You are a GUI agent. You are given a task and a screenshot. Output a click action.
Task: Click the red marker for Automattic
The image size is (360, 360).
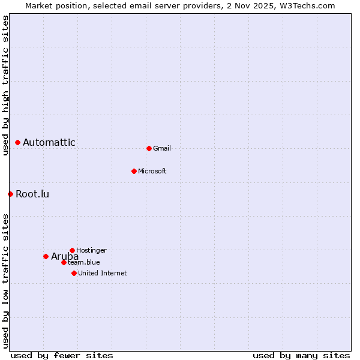pos(18,142)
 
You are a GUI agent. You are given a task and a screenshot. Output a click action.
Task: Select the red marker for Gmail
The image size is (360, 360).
pos(149,148)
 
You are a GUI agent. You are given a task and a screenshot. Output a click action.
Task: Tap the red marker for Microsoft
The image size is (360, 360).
pos(134,171)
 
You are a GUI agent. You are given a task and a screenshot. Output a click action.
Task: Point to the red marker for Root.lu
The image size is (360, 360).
pos(10,194)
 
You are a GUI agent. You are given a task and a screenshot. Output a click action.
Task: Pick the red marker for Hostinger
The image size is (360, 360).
pos(72,250)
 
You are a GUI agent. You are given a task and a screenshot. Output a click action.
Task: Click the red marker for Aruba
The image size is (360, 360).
pos(46,256)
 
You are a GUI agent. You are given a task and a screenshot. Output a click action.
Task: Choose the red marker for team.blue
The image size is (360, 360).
pos(64,262)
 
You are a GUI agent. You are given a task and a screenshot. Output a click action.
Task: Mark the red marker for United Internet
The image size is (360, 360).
pos(74,273)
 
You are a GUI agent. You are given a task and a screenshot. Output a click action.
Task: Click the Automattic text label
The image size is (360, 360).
pos(49,142)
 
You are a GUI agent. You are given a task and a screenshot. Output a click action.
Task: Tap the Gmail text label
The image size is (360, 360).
pos(162,148)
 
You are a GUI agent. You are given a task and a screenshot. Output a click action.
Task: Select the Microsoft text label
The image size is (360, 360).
pos(152,171)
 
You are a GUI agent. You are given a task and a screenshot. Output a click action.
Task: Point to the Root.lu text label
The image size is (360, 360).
pos(32,194)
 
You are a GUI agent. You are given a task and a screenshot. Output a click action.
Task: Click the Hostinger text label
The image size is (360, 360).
pos(91,250)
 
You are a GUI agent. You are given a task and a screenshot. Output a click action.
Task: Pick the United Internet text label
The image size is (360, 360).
pos(103,273)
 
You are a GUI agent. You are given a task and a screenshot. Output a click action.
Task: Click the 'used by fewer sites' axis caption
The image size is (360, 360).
pos(62,355)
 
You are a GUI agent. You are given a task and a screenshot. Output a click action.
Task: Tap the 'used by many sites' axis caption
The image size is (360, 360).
pos(301,355)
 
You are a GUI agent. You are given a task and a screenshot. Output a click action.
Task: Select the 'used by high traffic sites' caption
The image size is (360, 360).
pos(5,85)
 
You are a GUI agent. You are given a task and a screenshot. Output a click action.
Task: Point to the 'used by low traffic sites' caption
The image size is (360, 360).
pos(5,281)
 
